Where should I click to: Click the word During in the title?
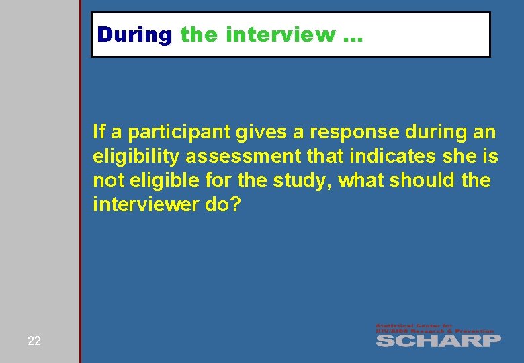pyautogui.click(x=134, y=34)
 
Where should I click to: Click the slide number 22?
pyautogui.click(x=34, y=341)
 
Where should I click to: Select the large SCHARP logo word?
pyautogui.click(x=438, y=340)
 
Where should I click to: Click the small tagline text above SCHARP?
pyautogui.click(x=435, y=329)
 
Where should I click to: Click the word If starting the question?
pyautogui.click(x=99, y=133)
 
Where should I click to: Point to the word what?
pyautogui.click(x=362, y=181)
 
